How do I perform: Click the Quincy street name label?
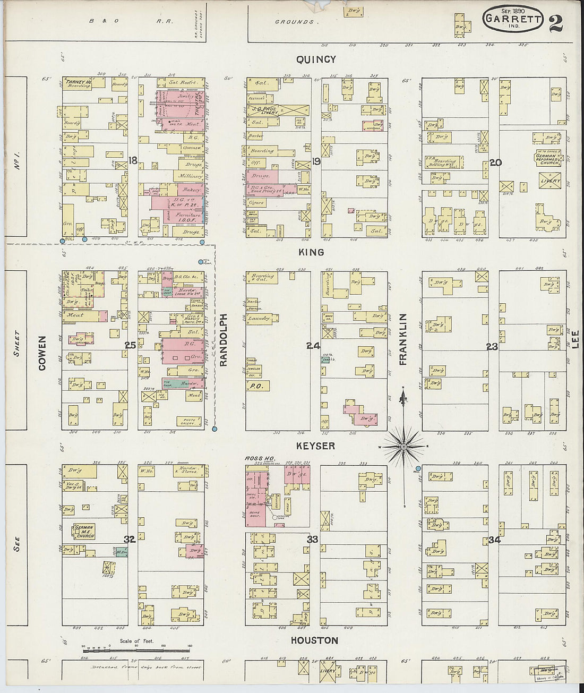point(316,59)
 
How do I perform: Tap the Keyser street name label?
point(315,446)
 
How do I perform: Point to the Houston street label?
point(314,640)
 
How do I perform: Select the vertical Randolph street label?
point(224,340)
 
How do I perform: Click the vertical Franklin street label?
point(403,339)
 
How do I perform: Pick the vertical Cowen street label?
point(42,353)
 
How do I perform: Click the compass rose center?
point(403,447)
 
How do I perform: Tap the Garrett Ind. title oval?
point(513,20)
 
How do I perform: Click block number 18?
point(133,160)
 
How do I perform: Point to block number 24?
point(313,346)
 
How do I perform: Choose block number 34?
point(494,540)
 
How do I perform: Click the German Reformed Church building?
point(547,159)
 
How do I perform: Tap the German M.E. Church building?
point(84,531)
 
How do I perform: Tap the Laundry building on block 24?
point(260,319)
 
